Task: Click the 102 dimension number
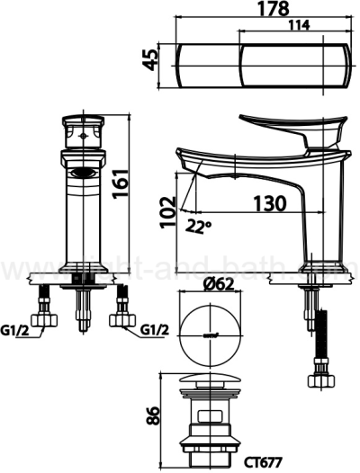coord(167,213)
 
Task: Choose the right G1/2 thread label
coord(156,331)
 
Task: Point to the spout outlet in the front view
coord(81,173)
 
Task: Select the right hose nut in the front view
coord(121,320)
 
